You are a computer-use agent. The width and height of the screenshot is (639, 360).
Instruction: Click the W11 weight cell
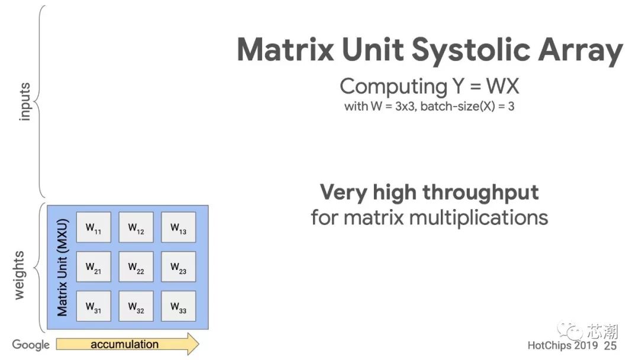click(x=93, y=227)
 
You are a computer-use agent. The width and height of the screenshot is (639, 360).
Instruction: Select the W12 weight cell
click(x=136, y=227)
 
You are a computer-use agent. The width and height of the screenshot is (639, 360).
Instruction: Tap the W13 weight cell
click(x=179, y=227)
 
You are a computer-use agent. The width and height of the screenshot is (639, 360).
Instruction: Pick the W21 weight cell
click(x=93, y=266)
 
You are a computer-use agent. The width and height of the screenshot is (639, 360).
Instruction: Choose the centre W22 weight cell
click(x=136, y=266)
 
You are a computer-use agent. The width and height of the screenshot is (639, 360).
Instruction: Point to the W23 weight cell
click(x=179, y=266)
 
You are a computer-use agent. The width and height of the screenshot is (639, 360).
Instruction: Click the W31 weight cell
click(x=93, y=306)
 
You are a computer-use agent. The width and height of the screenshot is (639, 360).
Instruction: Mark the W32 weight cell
click(x=136, y=306)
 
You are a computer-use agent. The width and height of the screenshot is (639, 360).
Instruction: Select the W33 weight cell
click(x=179, y=306)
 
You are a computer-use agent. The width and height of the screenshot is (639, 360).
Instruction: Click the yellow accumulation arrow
click(x=128, y=344)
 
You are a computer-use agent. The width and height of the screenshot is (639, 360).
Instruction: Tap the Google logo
click(x=31, y=345)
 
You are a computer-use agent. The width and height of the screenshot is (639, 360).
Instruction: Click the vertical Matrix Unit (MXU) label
click(x=62, y=268)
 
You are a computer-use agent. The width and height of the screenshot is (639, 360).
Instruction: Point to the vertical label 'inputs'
click(x=24, y=102)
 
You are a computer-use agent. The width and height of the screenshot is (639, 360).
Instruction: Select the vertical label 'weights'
click(x=19, y=275)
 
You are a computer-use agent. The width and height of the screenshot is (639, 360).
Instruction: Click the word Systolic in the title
click(x=471, y=50)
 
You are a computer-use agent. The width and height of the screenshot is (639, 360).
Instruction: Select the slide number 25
click(x=610, y=346)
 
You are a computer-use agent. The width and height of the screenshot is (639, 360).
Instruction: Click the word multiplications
click(x=479, y=217)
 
